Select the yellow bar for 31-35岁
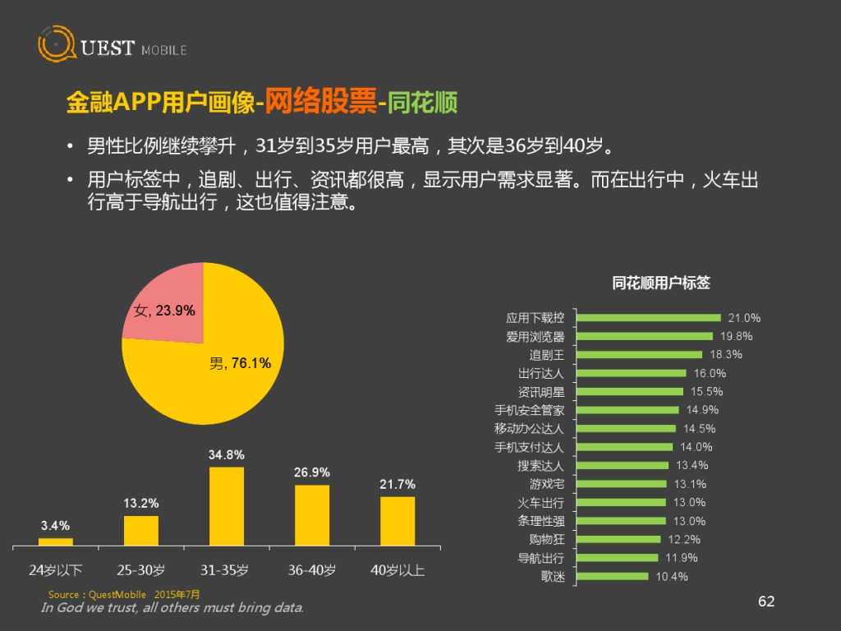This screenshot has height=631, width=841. pyautogui.click(x=227, y=505)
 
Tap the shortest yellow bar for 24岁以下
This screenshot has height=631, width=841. pyautogui.click(x=56, y=541)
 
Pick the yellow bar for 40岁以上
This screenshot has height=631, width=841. pyautogui.click(x=398, y=520)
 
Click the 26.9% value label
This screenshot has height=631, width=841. pyautogui.click(x=312, y=472)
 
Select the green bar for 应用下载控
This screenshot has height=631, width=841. pyautogui.click(x=649, y=318)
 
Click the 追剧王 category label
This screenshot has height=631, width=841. pyautogui.click(x=546, y=355)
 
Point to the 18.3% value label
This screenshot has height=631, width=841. pyautogui.click(x=725, y=355)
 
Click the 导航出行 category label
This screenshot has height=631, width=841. pyautogui.click(x=540, y=559)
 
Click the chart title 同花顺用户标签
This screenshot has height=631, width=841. pyautogui.click(x=661, y=283)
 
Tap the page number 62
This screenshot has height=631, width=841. pyautogui.click(x=765, y=602)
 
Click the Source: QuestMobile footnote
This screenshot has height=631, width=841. pyautogui.click(x=123, y=594)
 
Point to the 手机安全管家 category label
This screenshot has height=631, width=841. pyautogui.click(x=529, y=410)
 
